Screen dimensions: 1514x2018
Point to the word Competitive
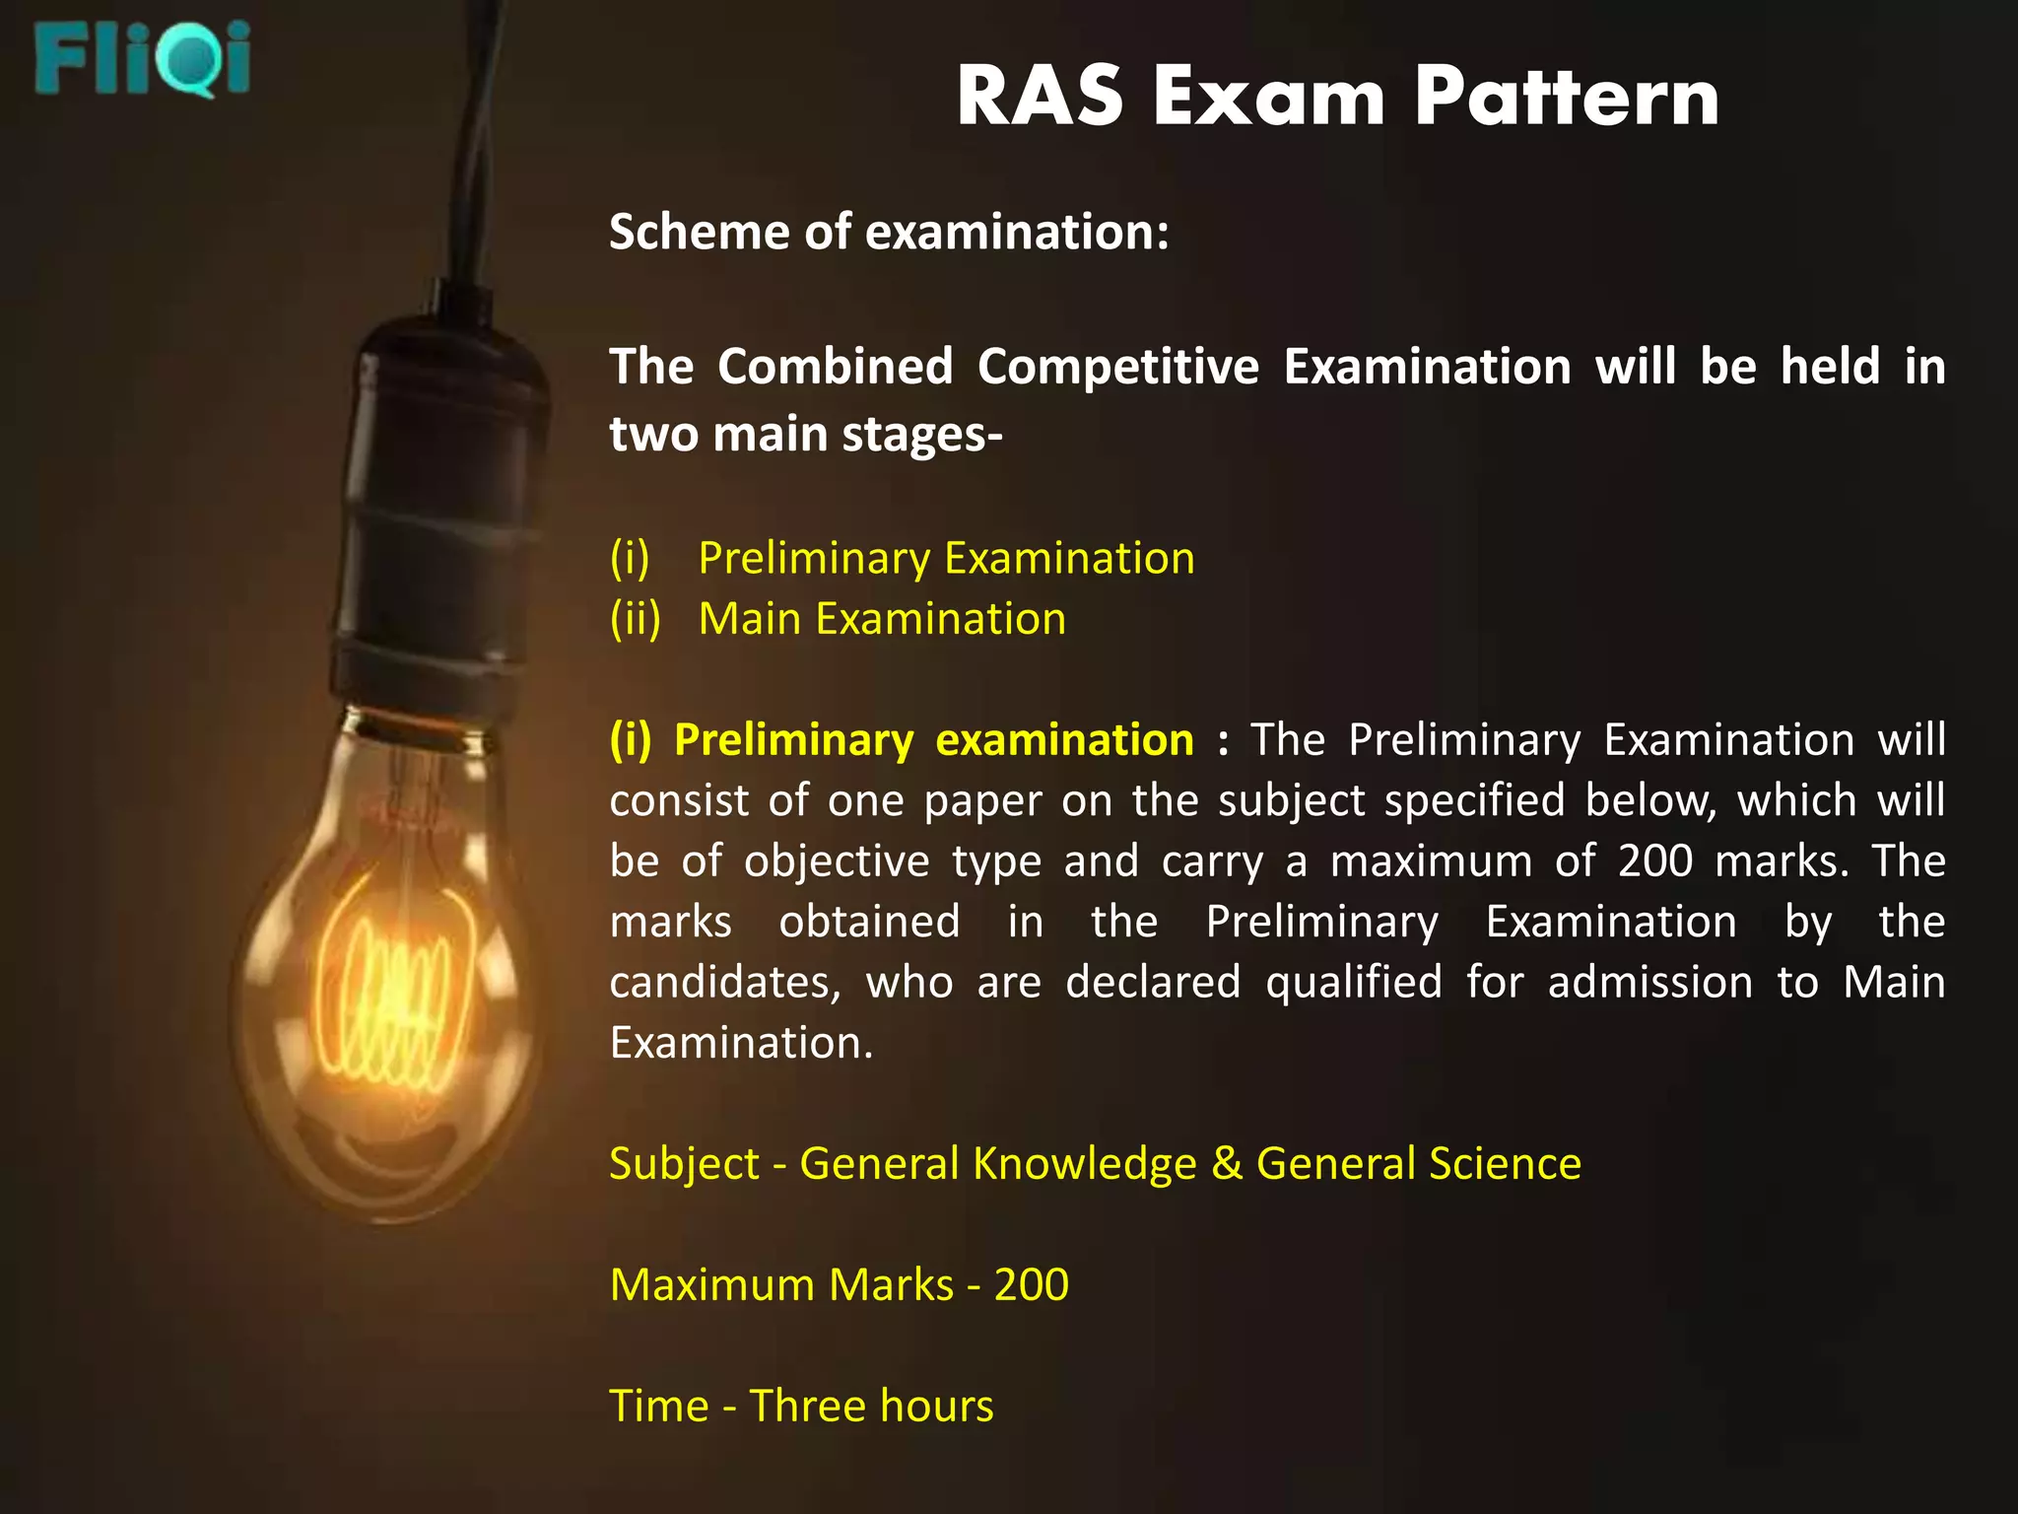1118,368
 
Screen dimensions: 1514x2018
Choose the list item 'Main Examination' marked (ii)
882,620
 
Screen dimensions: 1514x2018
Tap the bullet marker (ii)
635,620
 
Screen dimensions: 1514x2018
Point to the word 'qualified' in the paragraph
1354,984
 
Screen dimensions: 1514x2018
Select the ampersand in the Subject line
1227,1164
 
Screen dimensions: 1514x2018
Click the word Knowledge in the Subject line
1084,1165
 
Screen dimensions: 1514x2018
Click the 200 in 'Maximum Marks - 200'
1031,1285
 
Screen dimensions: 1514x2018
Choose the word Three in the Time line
805,1407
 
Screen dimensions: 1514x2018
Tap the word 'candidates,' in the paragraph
725,984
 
